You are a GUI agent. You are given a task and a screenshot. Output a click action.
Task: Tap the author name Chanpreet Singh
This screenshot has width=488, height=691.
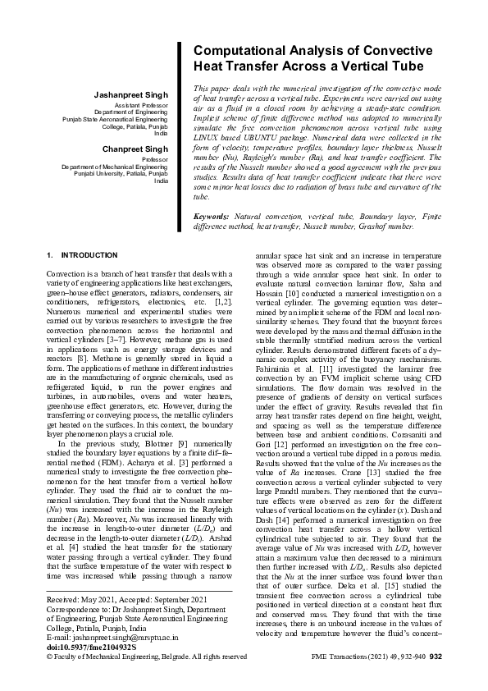[135, 149]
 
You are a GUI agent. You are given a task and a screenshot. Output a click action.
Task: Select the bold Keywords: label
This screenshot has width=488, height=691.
[211, 216]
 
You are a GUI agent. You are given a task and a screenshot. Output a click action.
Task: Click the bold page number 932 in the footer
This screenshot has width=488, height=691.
[436, 680]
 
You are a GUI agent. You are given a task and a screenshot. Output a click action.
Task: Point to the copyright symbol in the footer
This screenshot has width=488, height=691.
[50, 680]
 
